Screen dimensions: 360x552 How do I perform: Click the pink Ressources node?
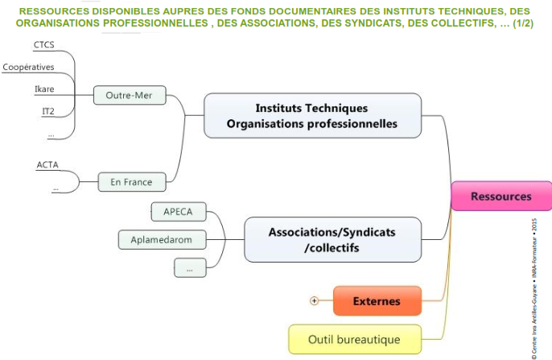click(x=501, y=197)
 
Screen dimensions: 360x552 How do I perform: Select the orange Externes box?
click(x=377, y=301)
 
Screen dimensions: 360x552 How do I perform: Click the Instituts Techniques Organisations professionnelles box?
click(x=312, y=116)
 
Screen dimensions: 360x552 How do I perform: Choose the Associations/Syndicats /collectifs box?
click(x=332, y=239)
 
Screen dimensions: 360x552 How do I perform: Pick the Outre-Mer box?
click(x=129, y=96)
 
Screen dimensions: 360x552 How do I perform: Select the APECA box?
click(x=177, y=213)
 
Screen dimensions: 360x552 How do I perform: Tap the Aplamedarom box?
click(x=161, y=239)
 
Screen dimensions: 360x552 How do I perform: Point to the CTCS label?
click(x=45, y=44)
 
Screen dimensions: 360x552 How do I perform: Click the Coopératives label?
click(x=28, y=67)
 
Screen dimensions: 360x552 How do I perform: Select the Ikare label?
click(x=45, y=89)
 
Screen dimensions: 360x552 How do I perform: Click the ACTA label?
click(x=47, y=165)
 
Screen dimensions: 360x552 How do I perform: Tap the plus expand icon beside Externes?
click(x=315, y=301)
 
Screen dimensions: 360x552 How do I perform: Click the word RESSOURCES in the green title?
click(x=53, y=10)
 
